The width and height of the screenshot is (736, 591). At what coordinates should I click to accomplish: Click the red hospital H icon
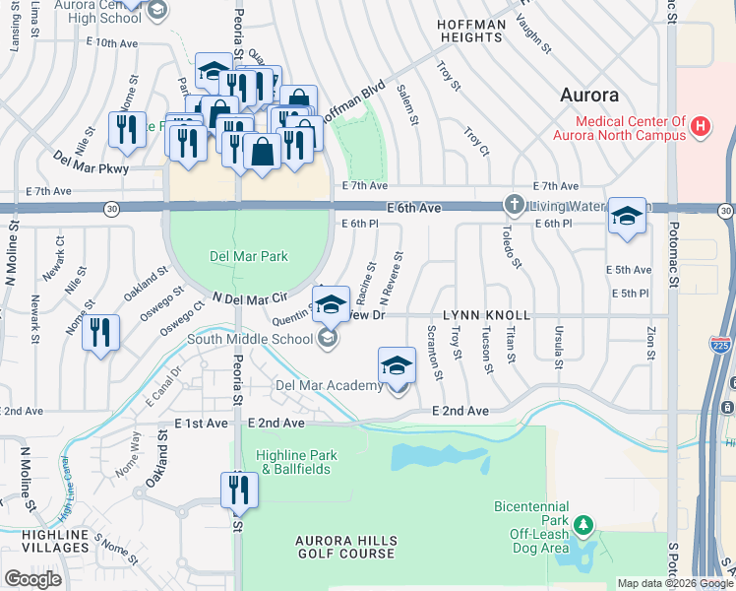pyautogui.click(x=701, y=126)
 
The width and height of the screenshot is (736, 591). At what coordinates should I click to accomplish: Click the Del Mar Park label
pyautogui.click(x=249, y=256)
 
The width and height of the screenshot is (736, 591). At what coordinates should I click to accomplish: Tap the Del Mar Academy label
pyautogui.click(x=329, y=385)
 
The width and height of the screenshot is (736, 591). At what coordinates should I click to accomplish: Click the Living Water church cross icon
pyautogui.click(x=513, y=205)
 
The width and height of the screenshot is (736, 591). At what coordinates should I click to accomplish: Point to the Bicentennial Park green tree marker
pyautogui.click(x=584, y=524)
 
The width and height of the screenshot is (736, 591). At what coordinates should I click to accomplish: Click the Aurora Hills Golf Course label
pyautogui.click(x=347, y=548)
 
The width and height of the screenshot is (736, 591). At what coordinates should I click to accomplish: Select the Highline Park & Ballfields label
pyautogui.click(x=296, y=462)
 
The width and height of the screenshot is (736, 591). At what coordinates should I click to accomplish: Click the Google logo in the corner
pyautogui.click(x=32, y=579)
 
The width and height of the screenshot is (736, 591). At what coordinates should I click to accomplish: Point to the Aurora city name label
pyautogui.click(x=589, y=96)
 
